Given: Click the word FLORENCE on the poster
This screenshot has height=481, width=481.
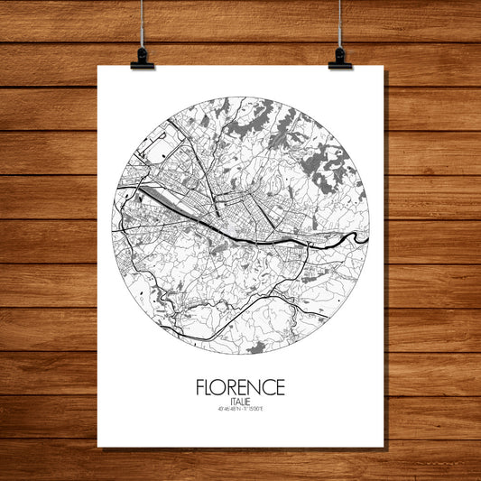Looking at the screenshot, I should [240, 388].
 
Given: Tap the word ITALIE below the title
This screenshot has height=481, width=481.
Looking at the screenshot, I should [240, 403].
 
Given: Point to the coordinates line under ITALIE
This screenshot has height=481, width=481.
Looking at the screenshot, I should [240, 412].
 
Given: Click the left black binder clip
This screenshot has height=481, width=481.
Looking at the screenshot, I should [143, 60].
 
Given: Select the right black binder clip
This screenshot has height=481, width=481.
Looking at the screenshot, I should [339, 60].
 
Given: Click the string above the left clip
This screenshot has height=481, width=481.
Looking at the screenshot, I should [143, 23].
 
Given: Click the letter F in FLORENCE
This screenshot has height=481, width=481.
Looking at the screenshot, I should [199, 388].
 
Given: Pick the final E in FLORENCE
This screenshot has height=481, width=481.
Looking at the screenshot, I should [280, 388].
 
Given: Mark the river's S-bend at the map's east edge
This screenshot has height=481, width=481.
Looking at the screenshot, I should [356, 237].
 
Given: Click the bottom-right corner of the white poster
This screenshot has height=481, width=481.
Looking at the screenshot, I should [382, 446].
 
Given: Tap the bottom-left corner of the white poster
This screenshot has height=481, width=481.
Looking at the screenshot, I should [98, 446].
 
